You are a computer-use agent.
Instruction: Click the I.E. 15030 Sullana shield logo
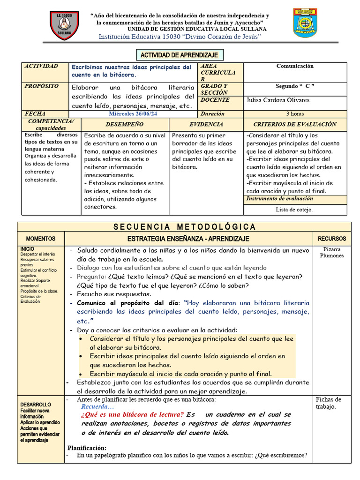65,26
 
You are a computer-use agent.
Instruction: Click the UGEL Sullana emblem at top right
305,23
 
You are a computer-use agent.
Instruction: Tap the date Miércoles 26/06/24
133,113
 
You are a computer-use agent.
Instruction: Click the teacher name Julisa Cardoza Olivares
278,100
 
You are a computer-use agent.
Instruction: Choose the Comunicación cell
295,66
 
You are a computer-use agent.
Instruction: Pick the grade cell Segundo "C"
295,86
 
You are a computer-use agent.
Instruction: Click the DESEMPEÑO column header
124,124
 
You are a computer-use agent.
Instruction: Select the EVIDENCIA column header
206,124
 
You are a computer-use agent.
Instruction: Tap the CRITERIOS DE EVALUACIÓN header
295,124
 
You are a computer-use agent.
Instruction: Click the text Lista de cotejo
294,210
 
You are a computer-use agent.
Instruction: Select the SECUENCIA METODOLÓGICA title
185,227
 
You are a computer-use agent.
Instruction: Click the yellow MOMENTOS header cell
41,239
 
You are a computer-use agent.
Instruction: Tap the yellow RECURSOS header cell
332,239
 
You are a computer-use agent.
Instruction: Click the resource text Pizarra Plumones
332,252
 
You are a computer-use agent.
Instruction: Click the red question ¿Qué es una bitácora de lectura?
132,415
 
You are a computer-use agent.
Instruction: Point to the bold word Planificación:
87,448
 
